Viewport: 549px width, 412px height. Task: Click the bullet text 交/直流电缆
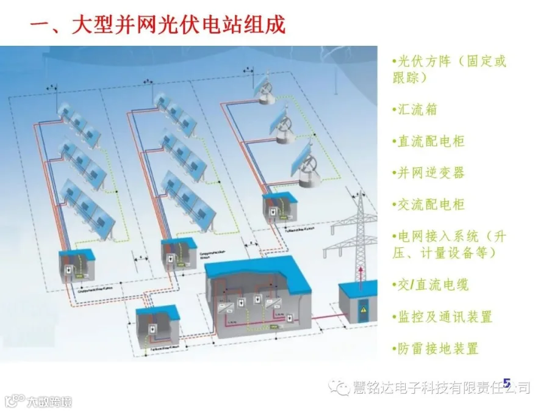pyautogui.click(x=431, y=284)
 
